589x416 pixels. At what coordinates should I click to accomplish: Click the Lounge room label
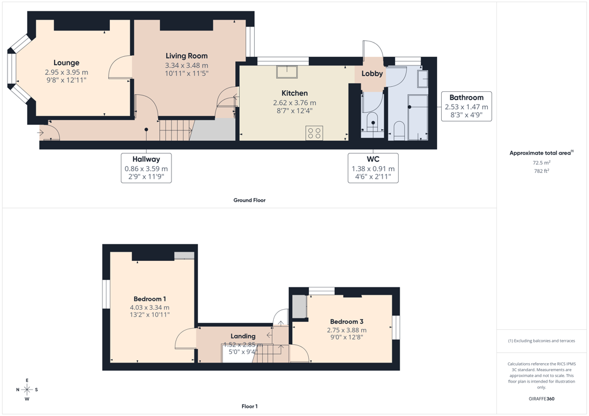(67, 63)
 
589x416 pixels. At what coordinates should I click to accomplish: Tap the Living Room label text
(187, 56)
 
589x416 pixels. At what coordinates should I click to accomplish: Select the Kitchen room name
(294, 93)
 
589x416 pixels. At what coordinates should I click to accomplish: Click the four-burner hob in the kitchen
(315, 132)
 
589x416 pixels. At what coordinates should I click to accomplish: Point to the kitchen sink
(287, 72)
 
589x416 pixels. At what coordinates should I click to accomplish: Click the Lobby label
(372, 74)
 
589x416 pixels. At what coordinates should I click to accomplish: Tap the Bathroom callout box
(466, 106)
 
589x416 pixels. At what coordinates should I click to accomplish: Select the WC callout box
(373, 168)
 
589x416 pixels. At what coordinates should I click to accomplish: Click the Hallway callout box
(146, 168)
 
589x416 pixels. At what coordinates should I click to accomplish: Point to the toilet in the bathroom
(399, 130)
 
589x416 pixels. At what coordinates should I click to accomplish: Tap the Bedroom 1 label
(150, 299)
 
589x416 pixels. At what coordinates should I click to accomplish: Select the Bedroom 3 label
(347, 321)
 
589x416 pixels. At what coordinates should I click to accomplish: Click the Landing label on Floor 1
(243, 336)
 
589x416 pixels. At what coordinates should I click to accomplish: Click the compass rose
(27, 390)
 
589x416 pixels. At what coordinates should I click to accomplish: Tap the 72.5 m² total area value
(541, 163)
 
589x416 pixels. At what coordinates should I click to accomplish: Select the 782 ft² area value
(541, 171)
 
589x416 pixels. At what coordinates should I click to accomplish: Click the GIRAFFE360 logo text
(541, 399)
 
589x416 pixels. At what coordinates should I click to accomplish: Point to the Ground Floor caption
(250, 201)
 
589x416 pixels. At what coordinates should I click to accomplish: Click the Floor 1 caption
(250, 406)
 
